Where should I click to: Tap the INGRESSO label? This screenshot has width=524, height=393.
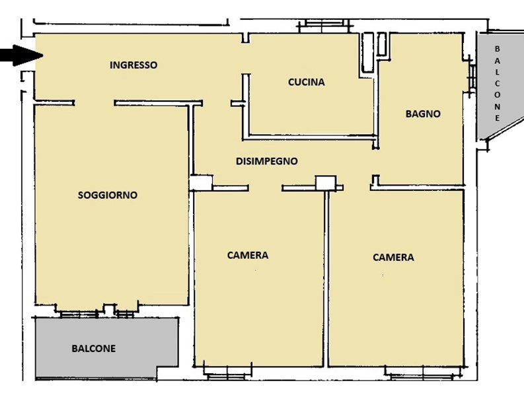[x=133, y=65]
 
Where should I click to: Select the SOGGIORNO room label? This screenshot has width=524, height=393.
[x=108, y=195]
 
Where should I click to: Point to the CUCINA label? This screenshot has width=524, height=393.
[x=307, y=82]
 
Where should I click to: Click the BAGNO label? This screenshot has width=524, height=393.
[x=423, y=114]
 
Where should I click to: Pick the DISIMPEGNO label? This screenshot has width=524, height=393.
[x=267, y=161]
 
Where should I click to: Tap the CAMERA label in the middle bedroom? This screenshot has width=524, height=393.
[x=248, y=256]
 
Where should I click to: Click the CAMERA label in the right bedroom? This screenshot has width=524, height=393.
[x=393, y=258]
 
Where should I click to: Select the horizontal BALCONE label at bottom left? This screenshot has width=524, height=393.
[x=94, y=349]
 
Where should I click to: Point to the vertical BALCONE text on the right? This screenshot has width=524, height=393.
[x=498, y=83]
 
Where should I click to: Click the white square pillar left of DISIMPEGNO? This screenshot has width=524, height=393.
[x=201, y=183]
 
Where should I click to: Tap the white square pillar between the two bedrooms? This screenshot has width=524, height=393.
[x=326, y=183]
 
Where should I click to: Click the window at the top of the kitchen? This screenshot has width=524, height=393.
[x=324, y=26]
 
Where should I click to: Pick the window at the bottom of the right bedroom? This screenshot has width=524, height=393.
[x=424, y=373]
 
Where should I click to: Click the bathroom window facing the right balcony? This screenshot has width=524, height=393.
[x=472, y=76]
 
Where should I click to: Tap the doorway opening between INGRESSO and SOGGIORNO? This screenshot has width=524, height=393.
[x=94, y=103]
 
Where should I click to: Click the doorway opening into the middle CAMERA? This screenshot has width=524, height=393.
[x=265, y=188]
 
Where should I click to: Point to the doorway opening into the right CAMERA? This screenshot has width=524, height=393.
[x=357, y=188]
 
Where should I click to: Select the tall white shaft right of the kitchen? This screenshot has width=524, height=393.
[x=368, y=52]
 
